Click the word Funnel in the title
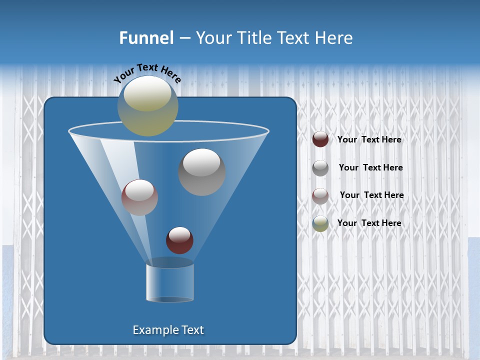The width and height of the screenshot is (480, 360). pos(146,38)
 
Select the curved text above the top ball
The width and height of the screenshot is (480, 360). pos(147,73)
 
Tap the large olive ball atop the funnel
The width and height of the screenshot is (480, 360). pos(148,106)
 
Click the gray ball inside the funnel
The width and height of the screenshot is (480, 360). pos(202,172)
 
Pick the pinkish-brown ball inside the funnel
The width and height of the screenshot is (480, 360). pos(139,197)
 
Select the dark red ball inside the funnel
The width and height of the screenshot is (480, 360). pos(179,240)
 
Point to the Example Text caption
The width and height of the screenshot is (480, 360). pos(168,330)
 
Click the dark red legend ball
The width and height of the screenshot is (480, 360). pos(320,139)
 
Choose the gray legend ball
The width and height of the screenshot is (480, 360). pos(320,167)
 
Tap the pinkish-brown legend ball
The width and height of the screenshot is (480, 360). pos(320,195)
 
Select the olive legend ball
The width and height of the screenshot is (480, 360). pos(320,223)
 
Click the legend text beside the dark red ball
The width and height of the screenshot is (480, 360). pos(369,140)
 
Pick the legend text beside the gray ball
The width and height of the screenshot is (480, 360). pos(370,168)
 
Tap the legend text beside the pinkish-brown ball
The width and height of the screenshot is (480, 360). pos(371,195)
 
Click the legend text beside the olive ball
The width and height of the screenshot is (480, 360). pos(369,223)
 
